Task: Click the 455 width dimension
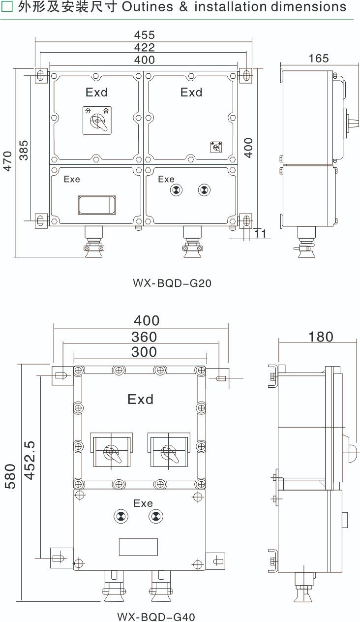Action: [144, 35]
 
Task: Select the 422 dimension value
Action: [144, 47]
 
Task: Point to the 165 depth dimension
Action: [319, 58]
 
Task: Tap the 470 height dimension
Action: [8, 161]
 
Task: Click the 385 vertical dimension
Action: [24, 150]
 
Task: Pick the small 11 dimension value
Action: [260, 234]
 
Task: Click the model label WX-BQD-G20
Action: [172, 283]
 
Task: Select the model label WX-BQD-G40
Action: [156, 617]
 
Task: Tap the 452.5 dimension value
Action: [30, 460]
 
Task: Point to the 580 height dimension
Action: [10, 476]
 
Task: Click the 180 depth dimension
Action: [321, 337]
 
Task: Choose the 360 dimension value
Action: [144, 337]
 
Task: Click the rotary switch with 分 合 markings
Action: [97, 121]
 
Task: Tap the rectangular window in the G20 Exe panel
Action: [96, 205]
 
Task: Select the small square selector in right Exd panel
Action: [216, 147]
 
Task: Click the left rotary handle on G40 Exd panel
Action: [112, 450]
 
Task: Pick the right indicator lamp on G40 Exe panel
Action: [156, 517]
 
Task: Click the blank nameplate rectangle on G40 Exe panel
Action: [139, 547]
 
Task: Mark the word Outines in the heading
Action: [148, 7]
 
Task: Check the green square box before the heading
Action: [7, 7]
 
